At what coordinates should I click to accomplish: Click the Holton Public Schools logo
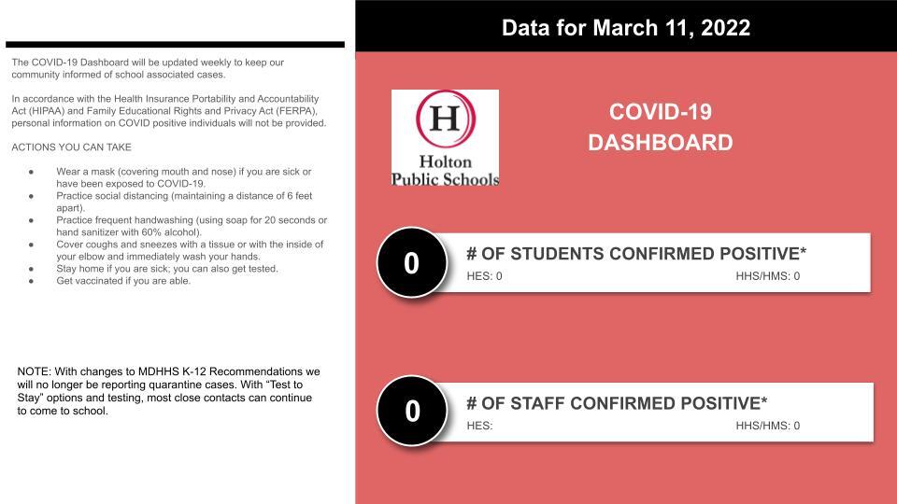tap(445, 138)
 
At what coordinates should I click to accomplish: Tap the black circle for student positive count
tap(411, 263)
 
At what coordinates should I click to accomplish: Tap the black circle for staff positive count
tap(412, 411)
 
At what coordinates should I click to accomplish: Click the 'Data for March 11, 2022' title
tap(625, 27)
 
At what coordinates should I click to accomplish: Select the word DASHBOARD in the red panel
tap(660, 143)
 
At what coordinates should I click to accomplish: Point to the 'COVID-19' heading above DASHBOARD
tap(660, 112)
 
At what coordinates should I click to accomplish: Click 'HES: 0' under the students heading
tap(484, 276)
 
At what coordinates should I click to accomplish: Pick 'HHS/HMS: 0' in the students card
tap(767, 276)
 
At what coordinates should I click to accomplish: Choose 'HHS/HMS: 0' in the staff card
tap(767, 426)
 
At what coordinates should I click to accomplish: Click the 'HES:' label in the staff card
tap(479, 426)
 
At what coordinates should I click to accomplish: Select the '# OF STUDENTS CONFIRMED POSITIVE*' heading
tap(636, 254)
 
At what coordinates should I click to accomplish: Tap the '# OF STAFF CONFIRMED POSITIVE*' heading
tap(617, 403)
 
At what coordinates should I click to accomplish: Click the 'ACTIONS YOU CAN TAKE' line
tap(71, 147)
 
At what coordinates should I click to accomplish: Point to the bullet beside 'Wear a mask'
tap(32, 173)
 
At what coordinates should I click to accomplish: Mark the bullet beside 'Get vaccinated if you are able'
tap(32, 281)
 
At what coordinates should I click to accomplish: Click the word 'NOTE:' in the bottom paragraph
tap(35, 371)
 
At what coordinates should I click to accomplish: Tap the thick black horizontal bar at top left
tap(175, 44)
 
